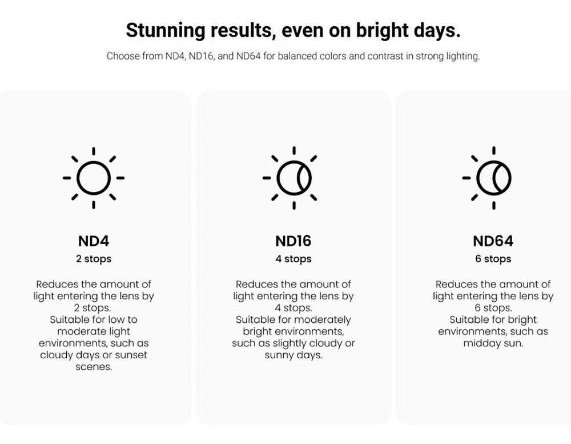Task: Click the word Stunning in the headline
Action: (166, 31)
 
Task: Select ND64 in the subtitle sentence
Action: (248, 56)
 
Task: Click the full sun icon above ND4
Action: (94, 178)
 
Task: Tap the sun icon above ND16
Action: (293, 178)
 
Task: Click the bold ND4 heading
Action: (94, 241)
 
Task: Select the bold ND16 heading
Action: (293, 241)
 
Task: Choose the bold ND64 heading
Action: (493, 241)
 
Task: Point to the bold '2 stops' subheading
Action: (94, 259)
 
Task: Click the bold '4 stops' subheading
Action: (293, 259)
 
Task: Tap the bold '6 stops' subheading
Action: (493, 259)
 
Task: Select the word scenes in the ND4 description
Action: (94, 367)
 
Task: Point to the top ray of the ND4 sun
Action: (94, 151)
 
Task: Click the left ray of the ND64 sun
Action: (466, 178)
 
